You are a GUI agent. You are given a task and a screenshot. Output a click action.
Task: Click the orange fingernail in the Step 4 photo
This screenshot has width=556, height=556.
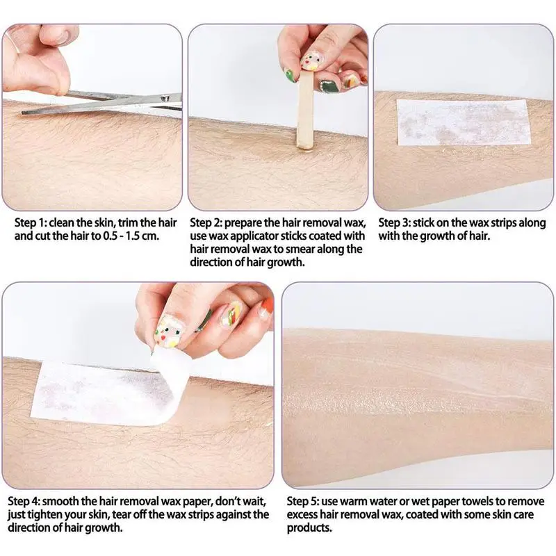click(x=264, y=309)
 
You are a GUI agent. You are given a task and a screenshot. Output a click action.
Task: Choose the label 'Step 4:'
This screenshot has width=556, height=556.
click(x=27, y=502)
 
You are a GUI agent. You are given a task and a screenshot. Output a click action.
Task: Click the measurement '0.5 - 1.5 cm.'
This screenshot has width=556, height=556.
click(x=132, y=236)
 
